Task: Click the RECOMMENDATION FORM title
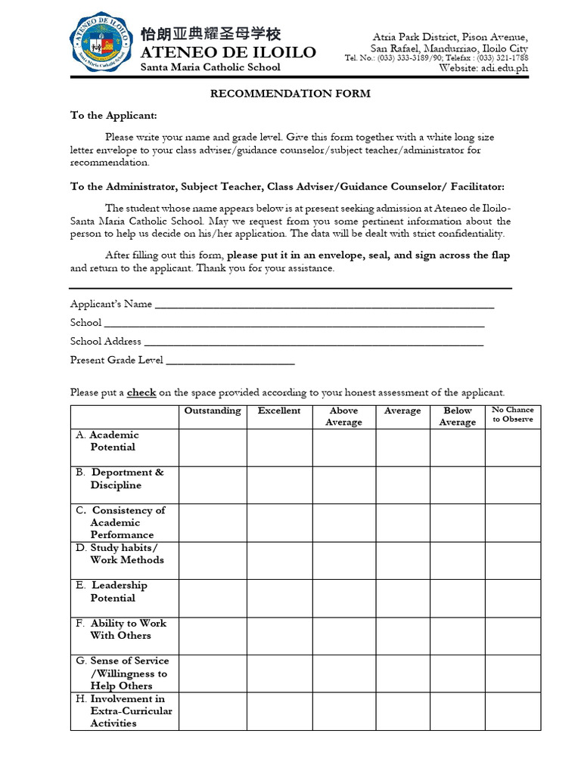click(290, 94)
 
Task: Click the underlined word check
click(141, 393)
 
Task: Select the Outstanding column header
click(213, 411)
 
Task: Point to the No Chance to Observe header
click(512, 415)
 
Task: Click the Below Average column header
click(457, 416)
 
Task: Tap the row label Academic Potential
click(113, 441)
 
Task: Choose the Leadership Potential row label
click(118, 592)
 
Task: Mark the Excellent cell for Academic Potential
click(279, 447)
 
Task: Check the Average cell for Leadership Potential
click(402, 598)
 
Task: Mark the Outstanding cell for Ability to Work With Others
click(213, 636)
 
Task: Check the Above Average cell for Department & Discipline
click(343, 485)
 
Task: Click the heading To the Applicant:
click(114, 116)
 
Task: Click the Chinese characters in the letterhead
click(210, 34)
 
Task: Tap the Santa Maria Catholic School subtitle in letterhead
click(211, 67)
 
